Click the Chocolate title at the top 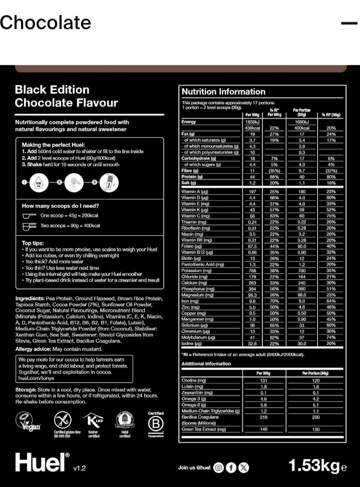coord(46,23)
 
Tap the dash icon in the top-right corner coord(348,23)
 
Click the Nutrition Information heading coord(223,92)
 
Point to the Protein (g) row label coord(193,177)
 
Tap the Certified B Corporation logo coord(156,424)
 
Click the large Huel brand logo coord(42,462)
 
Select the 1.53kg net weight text coord(314,465)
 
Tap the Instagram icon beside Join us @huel coord(218,467)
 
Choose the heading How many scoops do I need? coord(60,206)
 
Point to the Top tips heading coord(33,243)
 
